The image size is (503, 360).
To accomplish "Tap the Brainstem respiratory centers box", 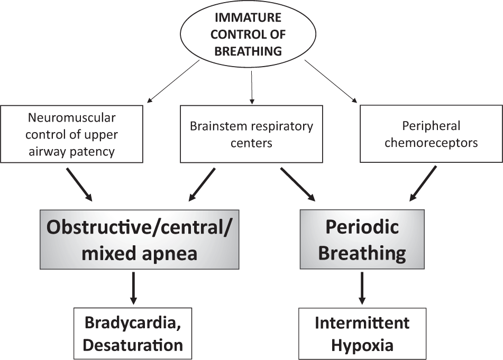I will click(x=251, y=134).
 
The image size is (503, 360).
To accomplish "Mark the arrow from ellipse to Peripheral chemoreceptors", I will click(x=331, y=80).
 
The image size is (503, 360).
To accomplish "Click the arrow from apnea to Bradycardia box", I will click(x=134, y=289).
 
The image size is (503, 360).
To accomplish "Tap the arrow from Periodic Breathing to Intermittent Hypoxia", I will click(x=362, y=289).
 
